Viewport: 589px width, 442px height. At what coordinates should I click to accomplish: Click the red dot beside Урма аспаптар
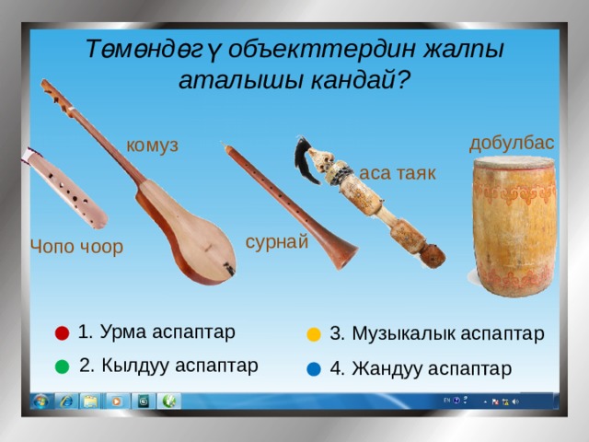point(62,333)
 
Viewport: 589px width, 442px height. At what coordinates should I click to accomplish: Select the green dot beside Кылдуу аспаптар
point(62,366)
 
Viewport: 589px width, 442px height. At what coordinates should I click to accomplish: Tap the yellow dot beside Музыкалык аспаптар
point(314,334)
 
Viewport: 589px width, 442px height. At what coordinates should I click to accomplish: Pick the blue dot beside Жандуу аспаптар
point(314,369)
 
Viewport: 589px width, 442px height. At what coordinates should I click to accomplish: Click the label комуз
point(152,145)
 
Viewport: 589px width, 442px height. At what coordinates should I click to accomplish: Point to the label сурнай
point(277,241)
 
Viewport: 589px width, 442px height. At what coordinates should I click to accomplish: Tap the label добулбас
point(512,144)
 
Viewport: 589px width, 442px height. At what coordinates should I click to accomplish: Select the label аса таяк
point(398,173)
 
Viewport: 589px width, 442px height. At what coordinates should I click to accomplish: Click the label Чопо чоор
point(76,247)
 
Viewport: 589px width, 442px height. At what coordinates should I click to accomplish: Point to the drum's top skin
point(514,162)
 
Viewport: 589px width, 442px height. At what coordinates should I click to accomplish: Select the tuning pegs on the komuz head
point(57,95)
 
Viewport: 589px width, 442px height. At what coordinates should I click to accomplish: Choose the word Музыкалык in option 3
point(403,333)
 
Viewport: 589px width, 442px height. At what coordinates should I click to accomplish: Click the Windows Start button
point(40,401)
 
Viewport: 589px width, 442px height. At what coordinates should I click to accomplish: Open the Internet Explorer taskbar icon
point(66,401)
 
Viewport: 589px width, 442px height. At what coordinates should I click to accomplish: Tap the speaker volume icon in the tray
point(515,401)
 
